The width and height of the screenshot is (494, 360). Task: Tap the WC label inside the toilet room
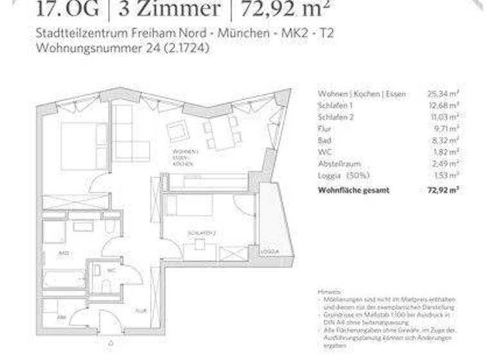pos(111,271)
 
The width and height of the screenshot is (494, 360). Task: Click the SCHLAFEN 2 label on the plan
pos(201,232)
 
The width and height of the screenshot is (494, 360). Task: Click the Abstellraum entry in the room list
pos(338,163)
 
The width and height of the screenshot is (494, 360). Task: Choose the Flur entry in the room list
pos(324,129)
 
